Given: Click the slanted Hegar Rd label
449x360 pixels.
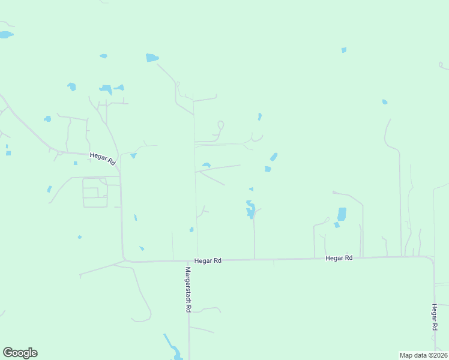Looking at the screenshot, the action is tap(102, 158).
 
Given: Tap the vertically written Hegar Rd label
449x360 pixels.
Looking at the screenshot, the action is tap(433, 317).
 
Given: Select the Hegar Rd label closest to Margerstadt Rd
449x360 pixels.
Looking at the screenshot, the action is tap(208, 261).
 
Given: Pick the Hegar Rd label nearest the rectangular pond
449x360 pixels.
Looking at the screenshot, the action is tap(339, 258).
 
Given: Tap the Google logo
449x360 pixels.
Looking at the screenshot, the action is tap(20, 353).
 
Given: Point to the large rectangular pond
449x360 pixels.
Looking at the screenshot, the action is tap(342, 214).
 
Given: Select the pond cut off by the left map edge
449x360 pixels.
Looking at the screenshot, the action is tap(5, 35).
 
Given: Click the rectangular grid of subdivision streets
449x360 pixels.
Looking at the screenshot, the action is tap(95, 192).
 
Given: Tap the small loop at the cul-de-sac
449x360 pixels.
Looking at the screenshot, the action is tap(220, 125).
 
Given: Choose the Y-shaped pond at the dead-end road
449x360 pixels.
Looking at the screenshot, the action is tap(250, 209).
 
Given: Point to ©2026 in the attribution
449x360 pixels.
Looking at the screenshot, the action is tap(438, 355).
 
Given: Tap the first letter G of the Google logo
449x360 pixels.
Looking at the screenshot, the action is tap(8, 352).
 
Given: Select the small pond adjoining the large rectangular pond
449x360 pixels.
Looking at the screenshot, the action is tap(337, 225).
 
